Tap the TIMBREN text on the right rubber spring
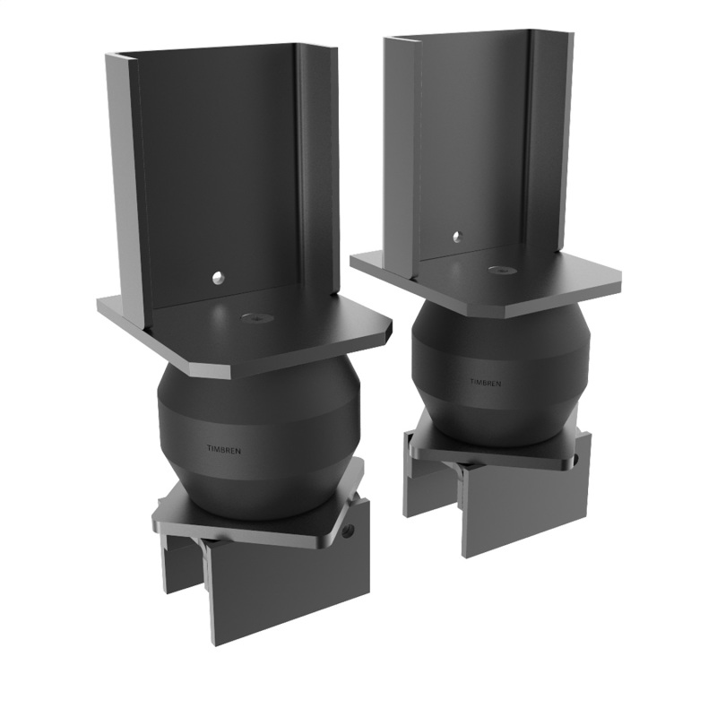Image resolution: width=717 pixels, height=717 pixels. tap(486, 382)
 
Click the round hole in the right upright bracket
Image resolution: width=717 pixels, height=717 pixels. tap(455, 238)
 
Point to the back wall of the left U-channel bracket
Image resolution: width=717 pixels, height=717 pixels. tap(233, 170)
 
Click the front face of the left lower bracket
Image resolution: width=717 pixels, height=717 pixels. tap(287, 592)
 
